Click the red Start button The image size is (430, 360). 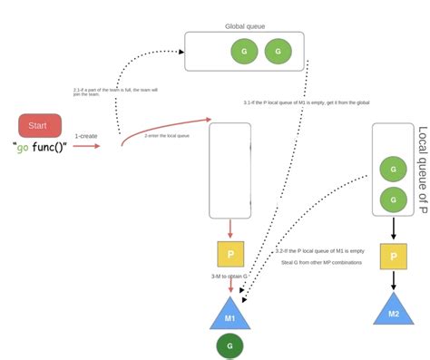tap(40, 125)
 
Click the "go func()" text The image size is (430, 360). tap(41, 146)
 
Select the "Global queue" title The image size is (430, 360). tap(245, 26)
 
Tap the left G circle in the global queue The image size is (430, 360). tap(243, 52)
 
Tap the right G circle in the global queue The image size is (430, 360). tap(278, 52)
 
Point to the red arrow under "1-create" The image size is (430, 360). tap(87, 145)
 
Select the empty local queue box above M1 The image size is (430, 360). tap(230, 170)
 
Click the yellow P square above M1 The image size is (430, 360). tap(230, 255)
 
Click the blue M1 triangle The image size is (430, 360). tap(230, 315)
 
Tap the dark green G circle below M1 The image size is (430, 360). tap(230, 345)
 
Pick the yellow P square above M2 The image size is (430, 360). tap(393, 257)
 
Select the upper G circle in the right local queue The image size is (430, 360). tap(393, 169)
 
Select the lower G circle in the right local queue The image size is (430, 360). tap(393, 198)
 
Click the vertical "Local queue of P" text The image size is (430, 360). tap(422, 170)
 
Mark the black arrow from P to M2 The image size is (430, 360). tap(393, 280)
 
